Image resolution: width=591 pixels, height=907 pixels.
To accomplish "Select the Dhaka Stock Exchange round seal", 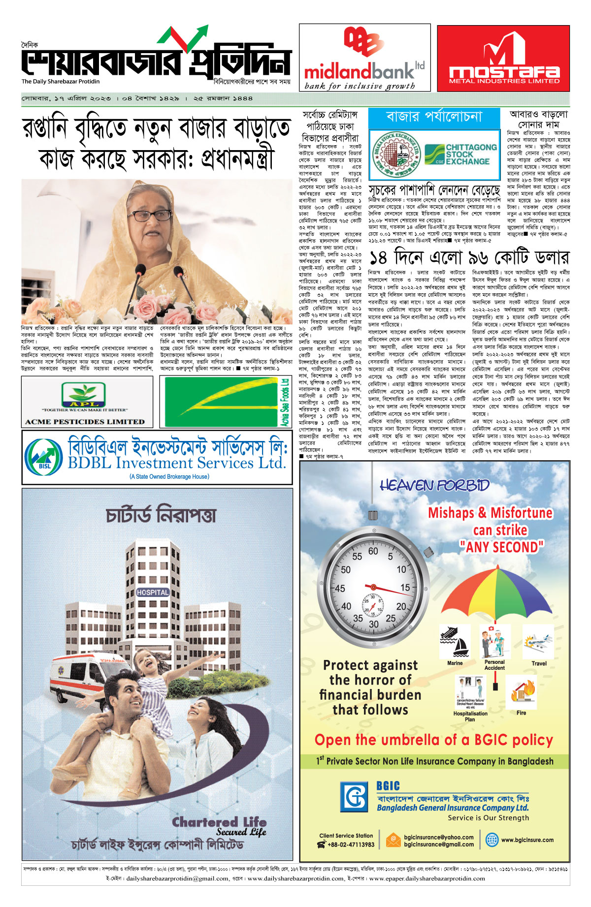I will tap(394, 154).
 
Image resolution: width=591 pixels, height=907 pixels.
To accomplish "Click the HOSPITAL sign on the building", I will tap(153, 593).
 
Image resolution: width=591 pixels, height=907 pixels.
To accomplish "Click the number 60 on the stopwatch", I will tap(373, 552).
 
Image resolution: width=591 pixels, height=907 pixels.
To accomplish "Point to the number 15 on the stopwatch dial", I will tap(405, 588).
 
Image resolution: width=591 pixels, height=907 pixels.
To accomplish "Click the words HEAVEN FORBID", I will tap(434, 486).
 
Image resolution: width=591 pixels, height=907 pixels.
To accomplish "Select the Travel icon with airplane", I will tap(538, 642).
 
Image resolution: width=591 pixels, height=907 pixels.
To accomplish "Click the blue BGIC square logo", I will tap(354, 796).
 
